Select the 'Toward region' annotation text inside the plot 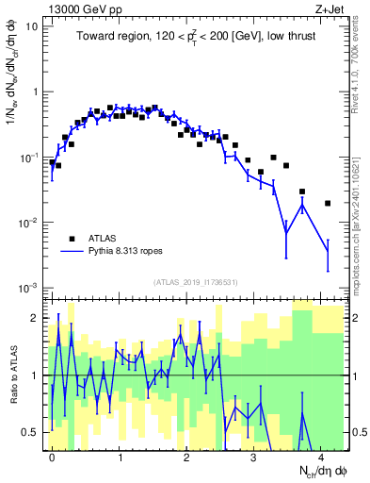tap(198, 38)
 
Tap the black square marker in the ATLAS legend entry tap(71, 238)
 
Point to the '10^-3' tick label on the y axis tap(27, 287)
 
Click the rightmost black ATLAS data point tap(328, 203)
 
